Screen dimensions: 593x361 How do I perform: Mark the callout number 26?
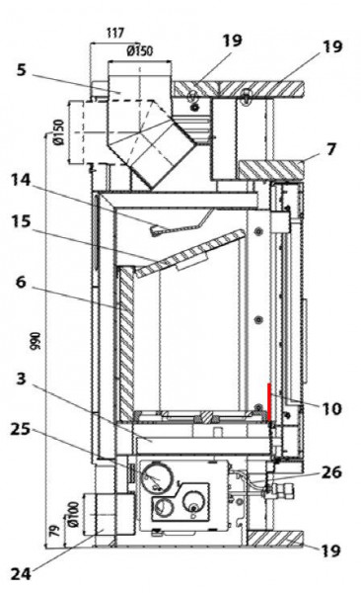click(x=330, y=473)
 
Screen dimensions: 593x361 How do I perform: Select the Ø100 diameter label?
click(x=70, y=516)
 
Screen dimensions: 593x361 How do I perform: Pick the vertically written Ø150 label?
click(x=59, y=133)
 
